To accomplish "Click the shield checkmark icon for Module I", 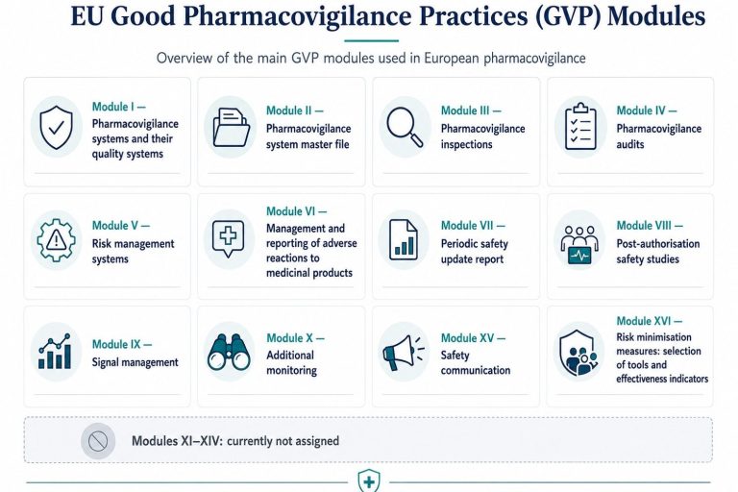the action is (57, 127).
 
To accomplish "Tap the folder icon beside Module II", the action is (231, 127).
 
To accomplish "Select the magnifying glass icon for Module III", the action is (405, 127).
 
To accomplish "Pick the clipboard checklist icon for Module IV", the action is (580, 127).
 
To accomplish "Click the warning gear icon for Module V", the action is (57, 240).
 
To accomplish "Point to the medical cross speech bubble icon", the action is (229, 238).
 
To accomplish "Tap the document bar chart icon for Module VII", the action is (404, 239).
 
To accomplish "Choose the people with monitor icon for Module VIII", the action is (579, 245).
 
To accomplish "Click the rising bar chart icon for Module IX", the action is (55, 352).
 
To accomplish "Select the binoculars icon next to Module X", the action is (229, 352).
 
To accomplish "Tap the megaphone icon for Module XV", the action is (404, 353).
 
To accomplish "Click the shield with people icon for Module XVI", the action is (578, 352).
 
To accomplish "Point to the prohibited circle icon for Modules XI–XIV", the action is (98, 441).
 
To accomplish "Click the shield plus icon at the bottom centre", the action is (369, 481).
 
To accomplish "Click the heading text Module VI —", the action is (297, 211).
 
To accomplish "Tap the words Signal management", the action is (135, 362).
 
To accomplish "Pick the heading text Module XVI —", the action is (649, 321).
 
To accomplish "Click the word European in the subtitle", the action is (452, 58).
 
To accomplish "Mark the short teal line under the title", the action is (371, 40).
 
